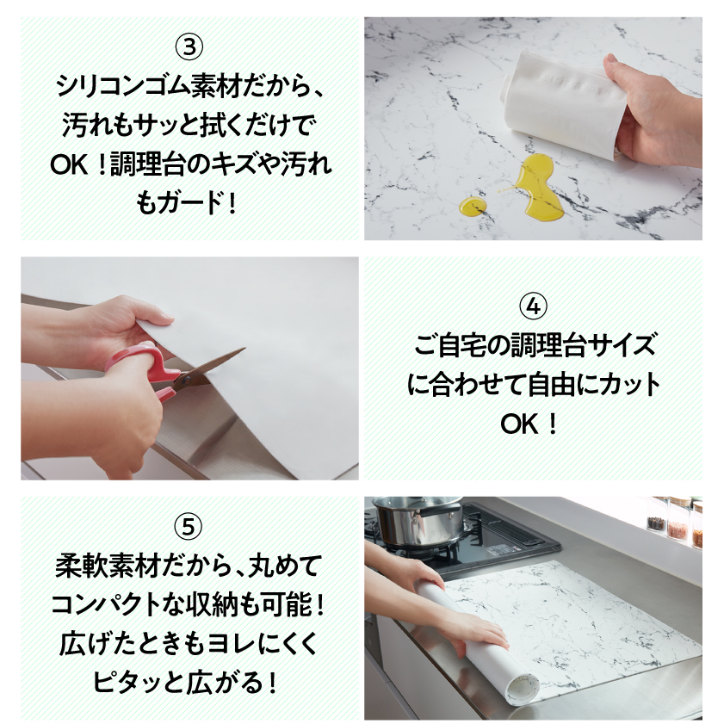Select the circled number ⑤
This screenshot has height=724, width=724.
[x=189, y=524]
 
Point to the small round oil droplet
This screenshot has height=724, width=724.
[x=471, y=207]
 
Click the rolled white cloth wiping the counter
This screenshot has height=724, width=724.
[x=564, y=103]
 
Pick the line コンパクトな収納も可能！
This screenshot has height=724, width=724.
[x=189, y=603]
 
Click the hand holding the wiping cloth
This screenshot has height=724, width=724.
[x=659, y=103]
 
